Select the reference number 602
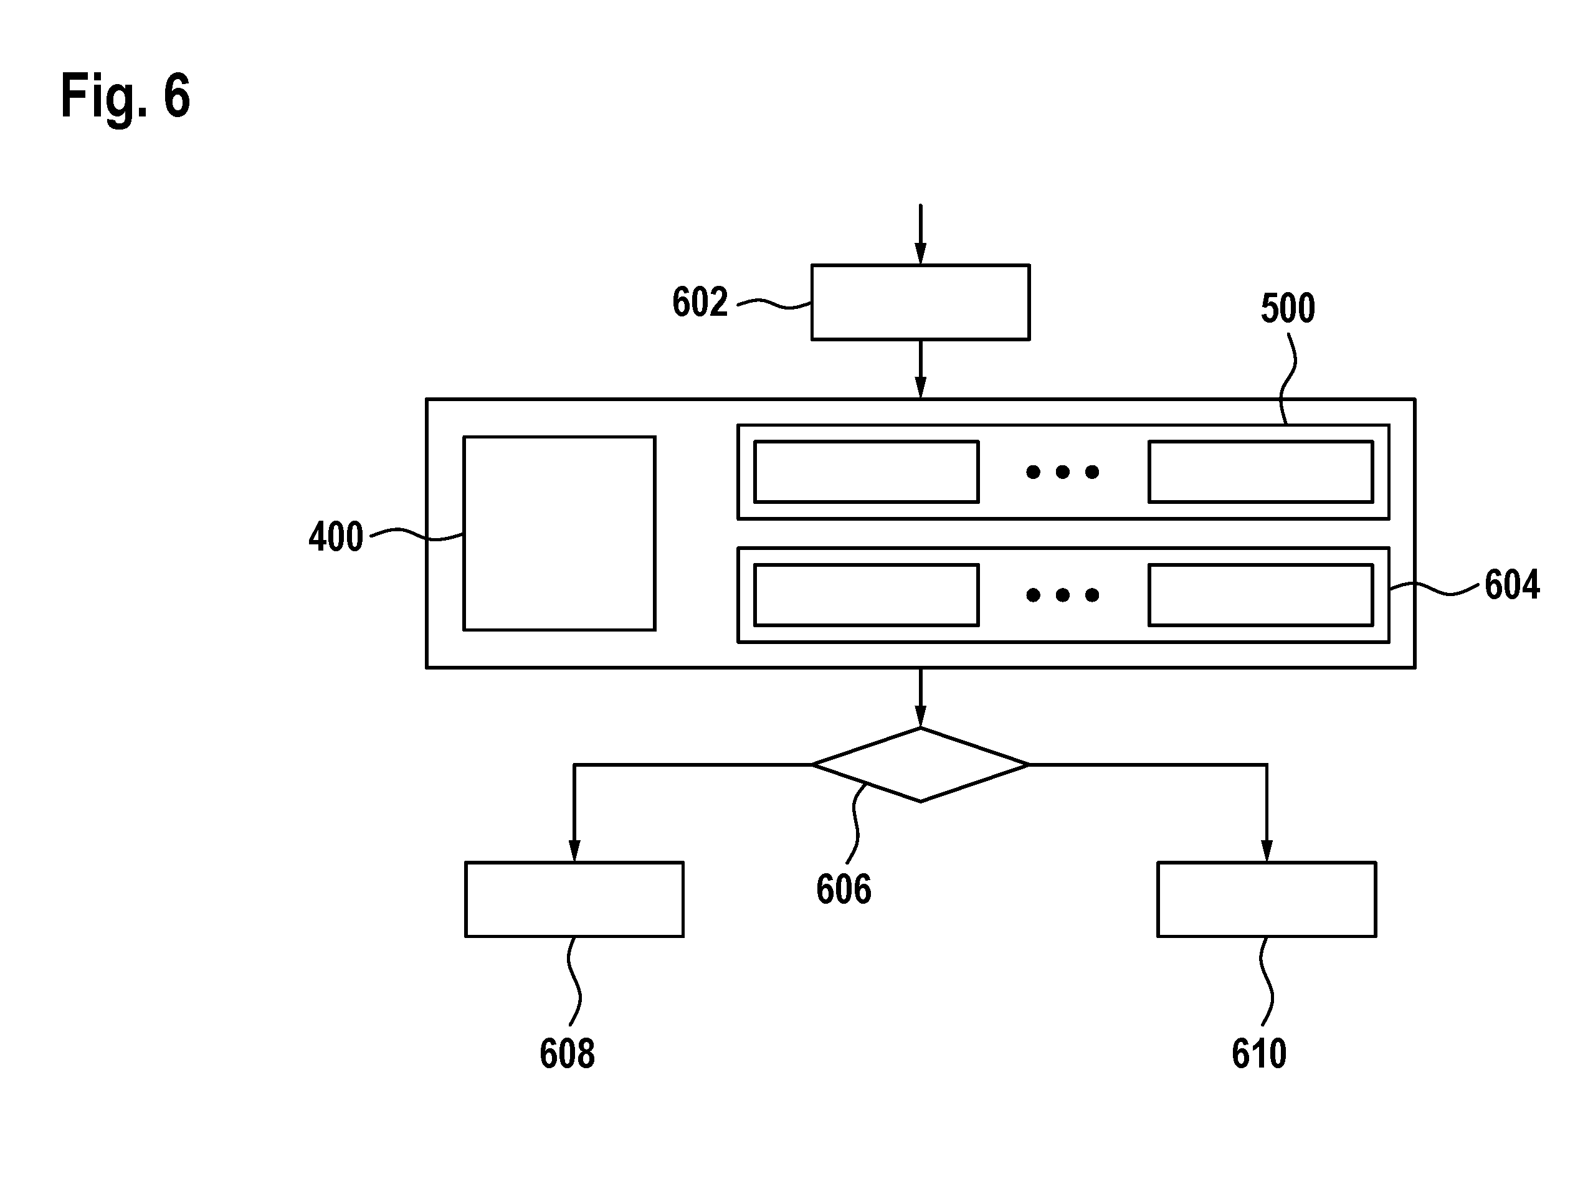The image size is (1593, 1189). coord(700,302)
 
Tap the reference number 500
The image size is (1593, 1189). coord(1288,308)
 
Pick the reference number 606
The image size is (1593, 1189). coord(844,889)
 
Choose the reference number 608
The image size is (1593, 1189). coord(567,1054)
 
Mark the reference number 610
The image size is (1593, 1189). coord(1259,1054)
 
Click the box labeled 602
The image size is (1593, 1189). coord(921,302)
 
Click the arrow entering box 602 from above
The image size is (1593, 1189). coord(921,235)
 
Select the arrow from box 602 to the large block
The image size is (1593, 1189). coord(921,369)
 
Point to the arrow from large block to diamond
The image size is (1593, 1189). coord(921,698)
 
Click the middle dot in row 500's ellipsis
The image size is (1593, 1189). coord(1062,472)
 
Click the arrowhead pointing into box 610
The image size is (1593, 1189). coord(1267,851)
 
